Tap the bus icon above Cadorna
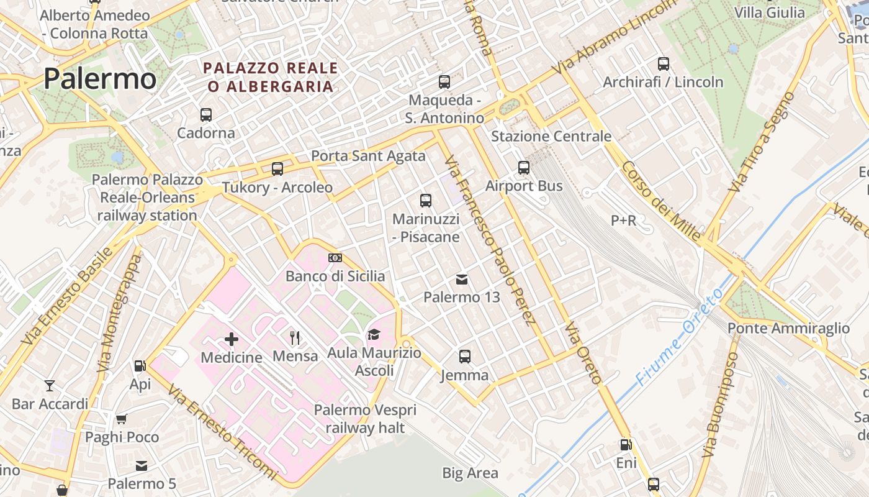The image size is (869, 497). point(206,115)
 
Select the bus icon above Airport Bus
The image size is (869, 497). point(524,168)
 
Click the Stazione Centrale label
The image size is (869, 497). point(551,136)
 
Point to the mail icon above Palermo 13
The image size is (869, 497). point(462,280)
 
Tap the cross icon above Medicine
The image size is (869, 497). point(232,339)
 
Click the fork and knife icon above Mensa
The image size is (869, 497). point(295,338)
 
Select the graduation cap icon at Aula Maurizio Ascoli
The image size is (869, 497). point(373,335)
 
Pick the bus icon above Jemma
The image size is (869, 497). point(465,357)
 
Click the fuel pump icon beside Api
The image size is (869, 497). point(140,367)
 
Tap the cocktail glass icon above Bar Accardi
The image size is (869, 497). point(50,386)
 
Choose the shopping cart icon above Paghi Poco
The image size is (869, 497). point(122,419)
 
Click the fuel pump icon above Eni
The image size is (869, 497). point(626,445)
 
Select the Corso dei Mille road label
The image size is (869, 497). point(661,201)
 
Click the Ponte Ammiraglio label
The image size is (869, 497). point(788,328)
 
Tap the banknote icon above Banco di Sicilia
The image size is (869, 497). point(335,258)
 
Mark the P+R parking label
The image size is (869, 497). point(624,221)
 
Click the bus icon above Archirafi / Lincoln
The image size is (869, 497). point(663,63)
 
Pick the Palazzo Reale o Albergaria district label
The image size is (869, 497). point(271,77)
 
